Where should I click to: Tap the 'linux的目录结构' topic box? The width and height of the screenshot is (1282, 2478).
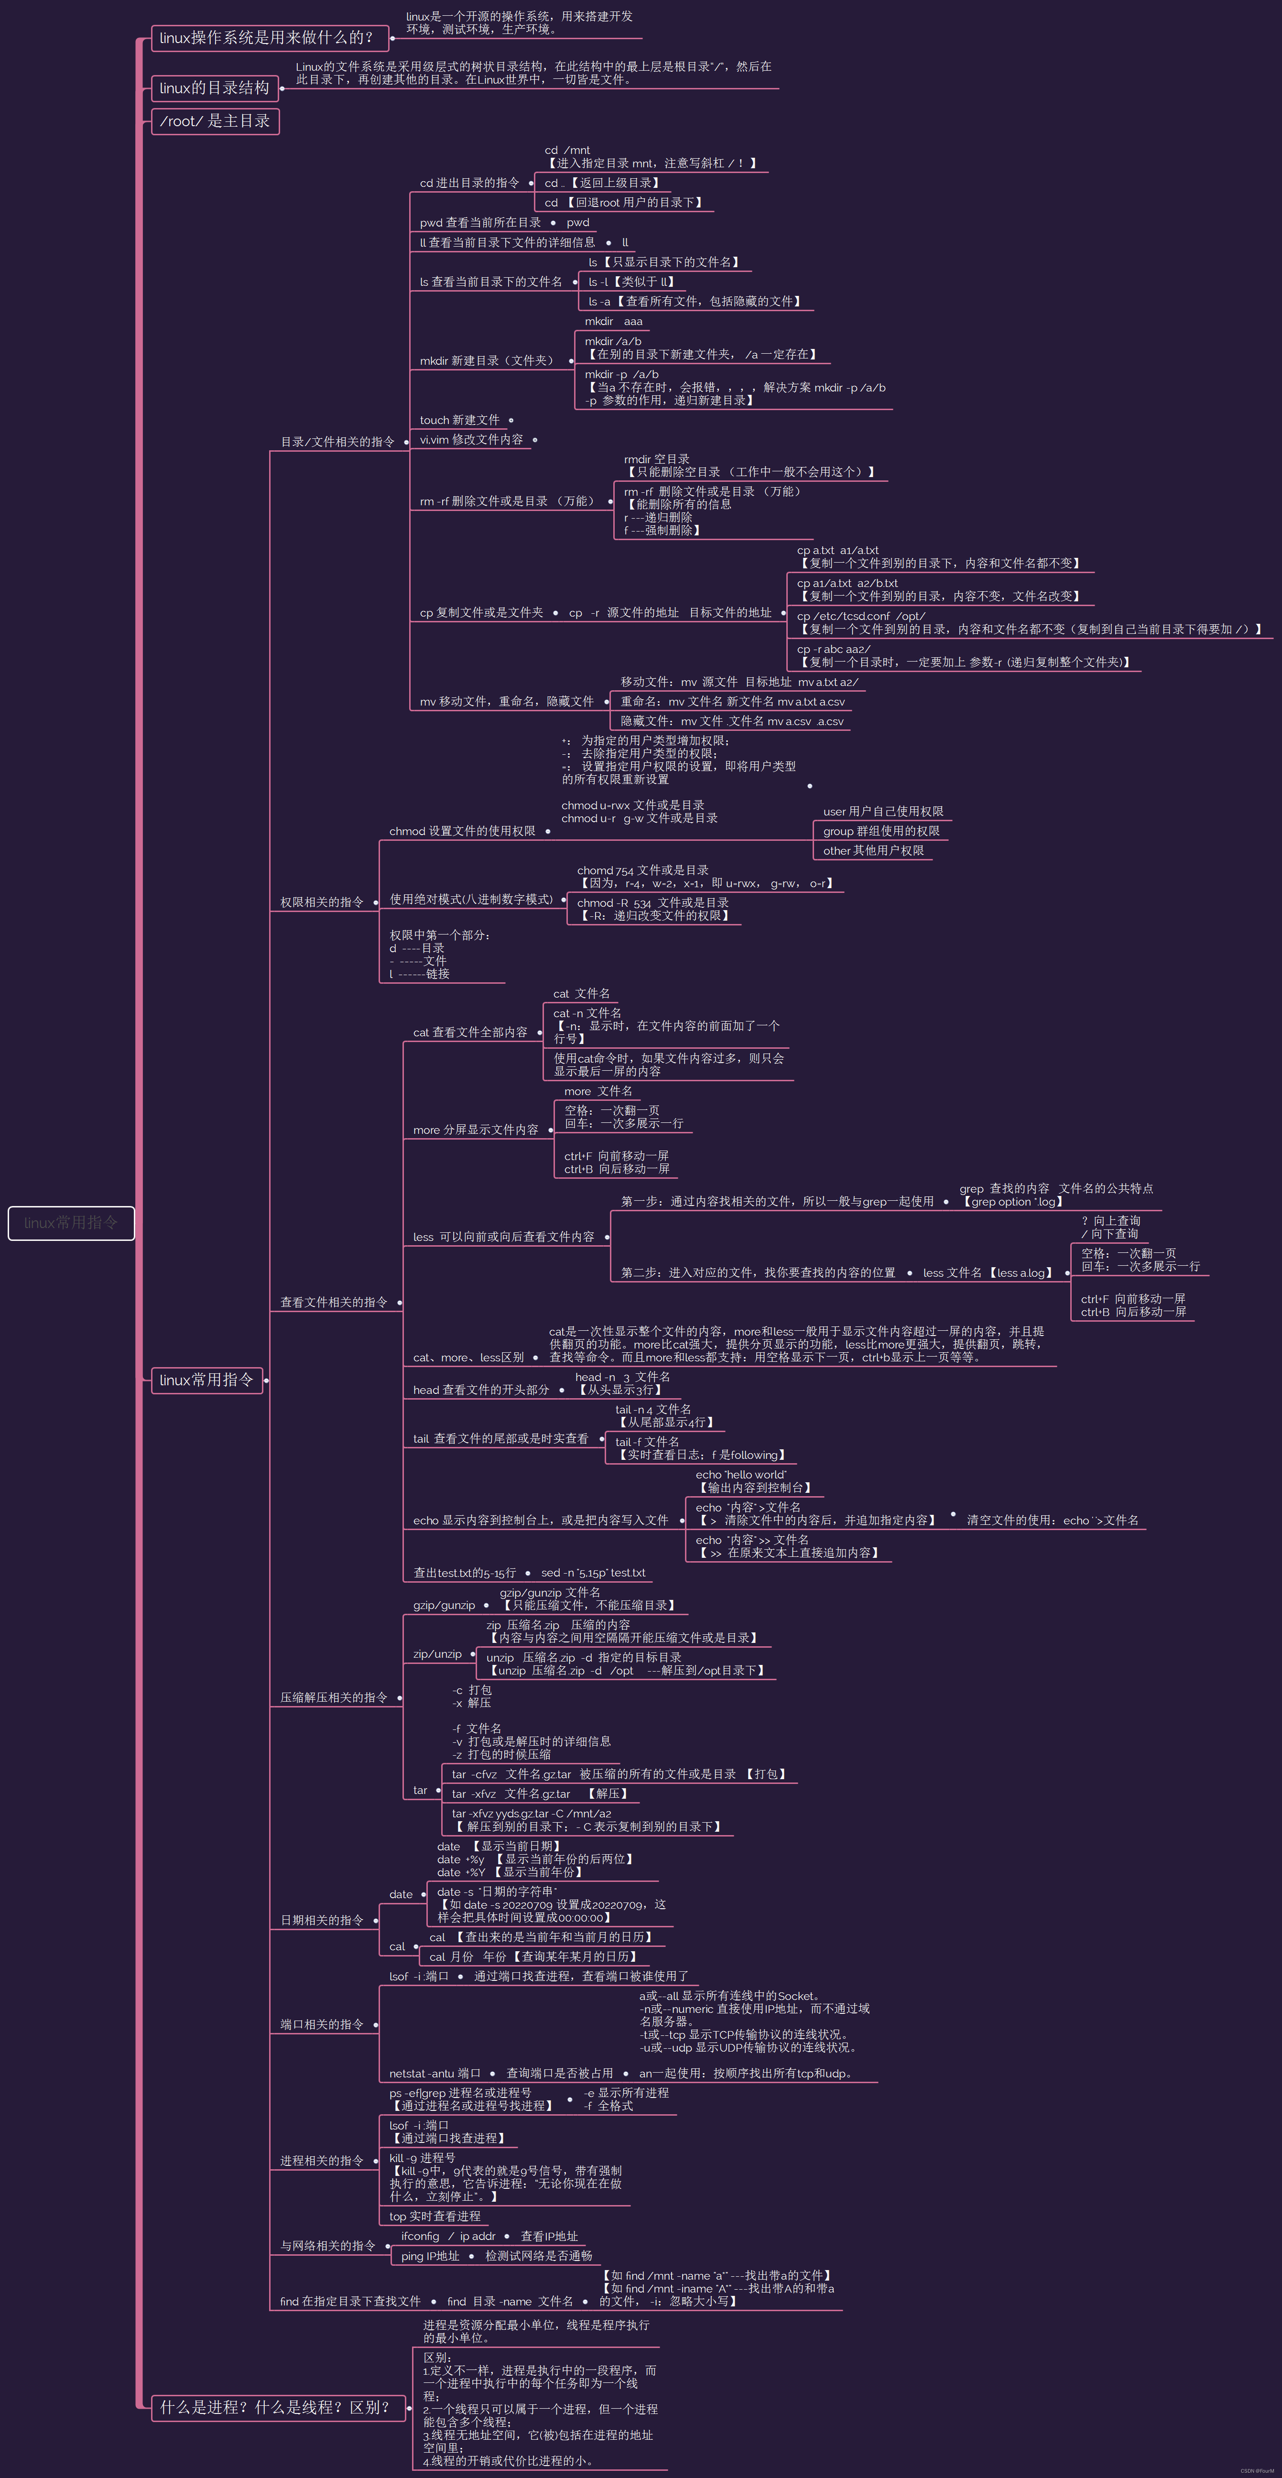[x=215, y=87]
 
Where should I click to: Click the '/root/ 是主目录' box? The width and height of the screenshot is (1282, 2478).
[x=215, y=121]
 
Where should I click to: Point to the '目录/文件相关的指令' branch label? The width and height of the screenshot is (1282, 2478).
[x=337, y=442]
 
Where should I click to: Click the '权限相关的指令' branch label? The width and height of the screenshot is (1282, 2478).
[x=322, y=902]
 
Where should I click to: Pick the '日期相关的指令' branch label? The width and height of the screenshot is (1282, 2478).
[x=322, y=1920]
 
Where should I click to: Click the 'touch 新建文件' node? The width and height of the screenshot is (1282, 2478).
[x=460, y=420]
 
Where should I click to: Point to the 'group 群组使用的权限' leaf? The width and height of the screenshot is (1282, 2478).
[x=881, y=831]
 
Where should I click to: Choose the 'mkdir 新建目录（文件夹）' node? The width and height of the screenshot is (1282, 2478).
[x=488, y=361]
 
